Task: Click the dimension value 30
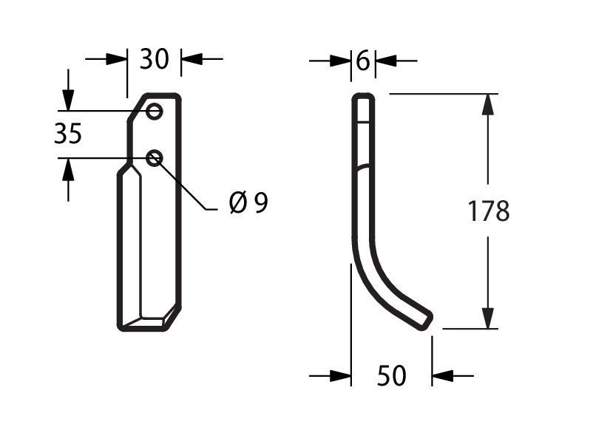[x=154, y=59]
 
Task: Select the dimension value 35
[x=68, y=134]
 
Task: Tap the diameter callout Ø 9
[x=249, y=202]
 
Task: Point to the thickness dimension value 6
[x=363, y=61]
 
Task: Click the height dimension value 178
[x=489, y=211]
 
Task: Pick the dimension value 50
[x=391, y=376]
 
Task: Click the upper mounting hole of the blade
[x=155, y=112]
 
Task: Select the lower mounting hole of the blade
[x=155, y=158]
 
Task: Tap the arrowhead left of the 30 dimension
[x=117, y=59]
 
